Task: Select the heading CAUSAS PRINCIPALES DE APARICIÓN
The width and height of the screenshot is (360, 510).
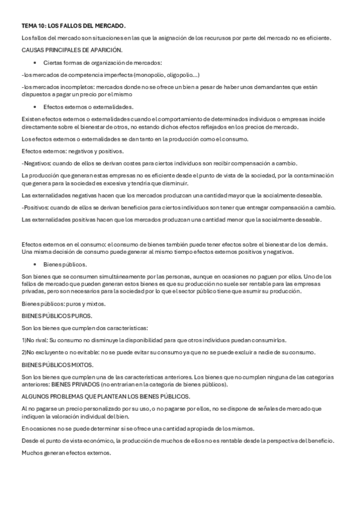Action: point(72,50)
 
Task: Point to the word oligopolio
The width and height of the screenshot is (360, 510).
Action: point(177,75)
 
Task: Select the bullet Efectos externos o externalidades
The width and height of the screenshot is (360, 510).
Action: point(88,106)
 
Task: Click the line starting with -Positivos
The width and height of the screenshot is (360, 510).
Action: point(178,207)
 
